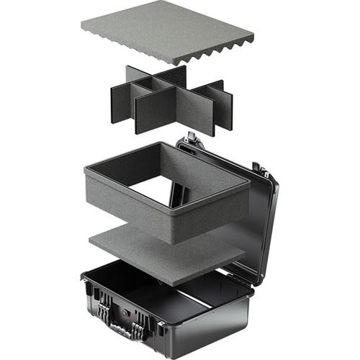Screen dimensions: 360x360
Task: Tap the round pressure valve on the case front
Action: click(125, 315)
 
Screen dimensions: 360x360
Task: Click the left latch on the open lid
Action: click(191, 138)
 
